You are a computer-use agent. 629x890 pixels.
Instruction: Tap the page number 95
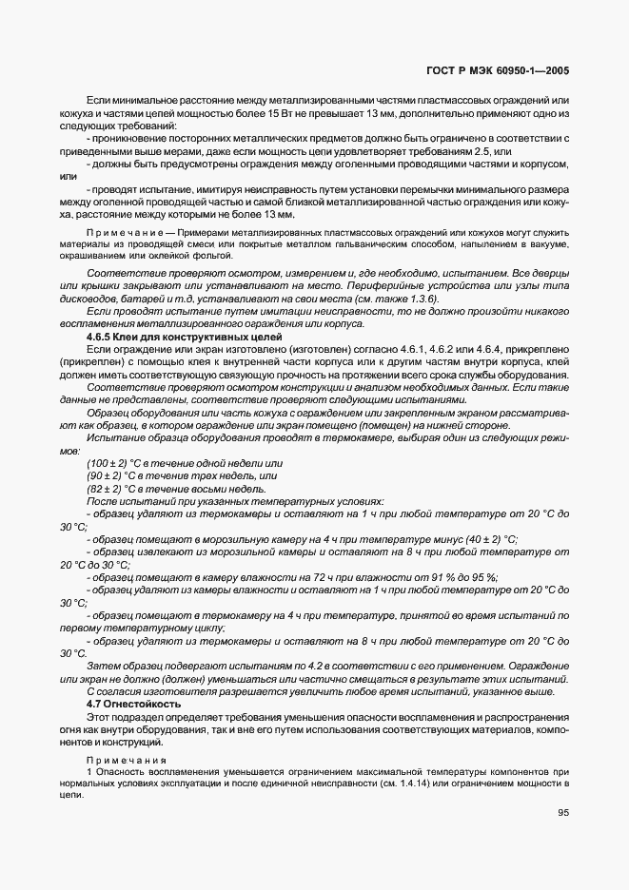561,812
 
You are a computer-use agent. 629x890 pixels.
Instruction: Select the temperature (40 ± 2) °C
482,537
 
